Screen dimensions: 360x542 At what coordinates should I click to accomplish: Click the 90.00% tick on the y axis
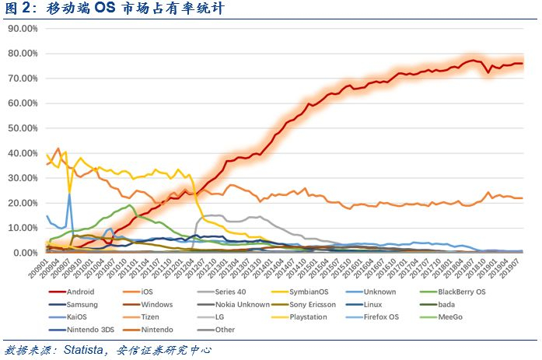[23, 29]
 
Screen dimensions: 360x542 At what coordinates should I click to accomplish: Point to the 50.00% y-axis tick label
[23, 128]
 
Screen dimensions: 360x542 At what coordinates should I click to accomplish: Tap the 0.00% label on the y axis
[26, 253]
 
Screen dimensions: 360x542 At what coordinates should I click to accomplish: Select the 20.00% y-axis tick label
[23, 203]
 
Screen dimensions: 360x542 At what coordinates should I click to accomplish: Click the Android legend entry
[81, 292]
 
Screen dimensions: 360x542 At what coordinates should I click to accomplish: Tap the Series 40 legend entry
[230, 292]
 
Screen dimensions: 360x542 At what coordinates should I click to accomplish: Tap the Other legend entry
[226, 329]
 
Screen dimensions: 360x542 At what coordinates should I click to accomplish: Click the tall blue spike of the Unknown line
[69, 194]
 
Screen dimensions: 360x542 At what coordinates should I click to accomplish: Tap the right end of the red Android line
[522, 64]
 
